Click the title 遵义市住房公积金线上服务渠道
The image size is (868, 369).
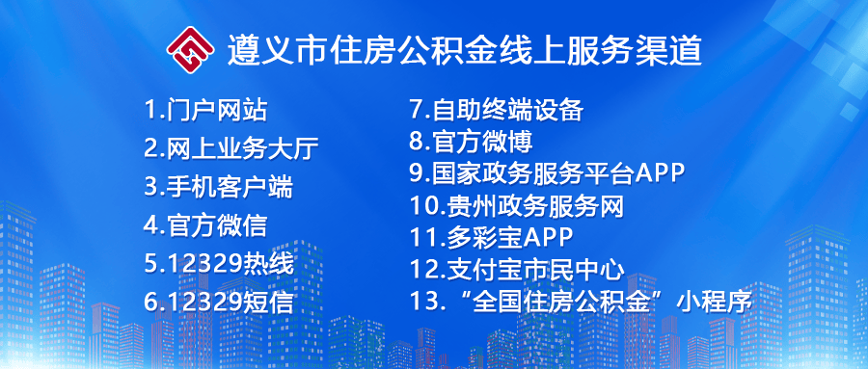pyautogui.click(x=465, y=50)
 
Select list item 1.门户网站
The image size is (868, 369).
pyautogui.click(x=206, y=110)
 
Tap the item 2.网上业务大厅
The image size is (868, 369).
pyautogui.click(x=231, y=148)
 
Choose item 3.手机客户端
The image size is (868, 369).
pyautogui.click(x=219, y=187)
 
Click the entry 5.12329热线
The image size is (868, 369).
pyautogui.click(x=219, y=264)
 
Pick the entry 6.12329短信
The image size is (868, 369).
pyautogui.click(x=219, y=303)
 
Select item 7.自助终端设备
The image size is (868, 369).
pyautogui.click(x=497, y=110)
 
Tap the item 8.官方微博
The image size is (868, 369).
pyautogui.click(x=471, y=142)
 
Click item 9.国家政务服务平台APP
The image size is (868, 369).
pyautogui.click(x=548, y=173)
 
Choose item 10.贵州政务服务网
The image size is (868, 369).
pyautogui.click(x=517, y=206)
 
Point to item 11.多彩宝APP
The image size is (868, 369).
pyautogui.click(x=491, y=237)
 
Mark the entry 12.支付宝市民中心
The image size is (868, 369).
pyautogui.click(x=517, y=270)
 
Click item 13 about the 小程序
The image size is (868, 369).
pyautogui.click(x=581, y=302)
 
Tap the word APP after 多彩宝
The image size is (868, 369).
pyautogui.click(x=548, y=238)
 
